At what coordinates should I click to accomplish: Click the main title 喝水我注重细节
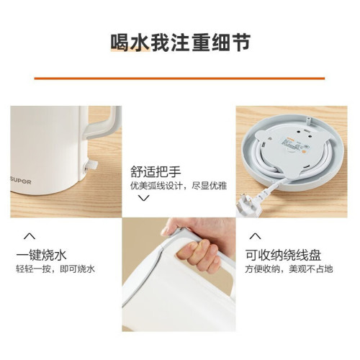[x=180, y=42]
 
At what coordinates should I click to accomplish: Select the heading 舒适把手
[x=156, y=170]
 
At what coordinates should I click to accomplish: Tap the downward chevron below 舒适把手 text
[x=143, y=198]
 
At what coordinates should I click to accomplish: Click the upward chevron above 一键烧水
[x=30, y=235]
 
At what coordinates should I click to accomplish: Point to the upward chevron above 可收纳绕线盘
[x=253, y=235]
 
